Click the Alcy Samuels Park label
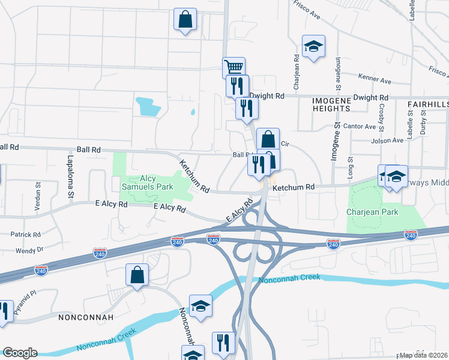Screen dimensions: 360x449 [x=148, y=182]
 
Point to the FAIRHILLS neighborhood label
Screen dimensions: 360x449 [x=427, y=104]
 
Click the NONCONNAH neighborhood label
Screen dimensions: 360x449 [x=83, y=315]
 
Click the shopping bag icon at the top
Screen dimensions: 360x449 [x=185, y=19]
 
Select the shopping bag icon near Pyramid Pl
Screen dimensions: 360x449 [x=137, y=275]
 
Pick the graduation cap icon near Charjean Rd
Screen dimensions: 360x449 [x=313, y=47]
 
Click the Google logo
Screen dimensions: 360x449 [x=19, y=353]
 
